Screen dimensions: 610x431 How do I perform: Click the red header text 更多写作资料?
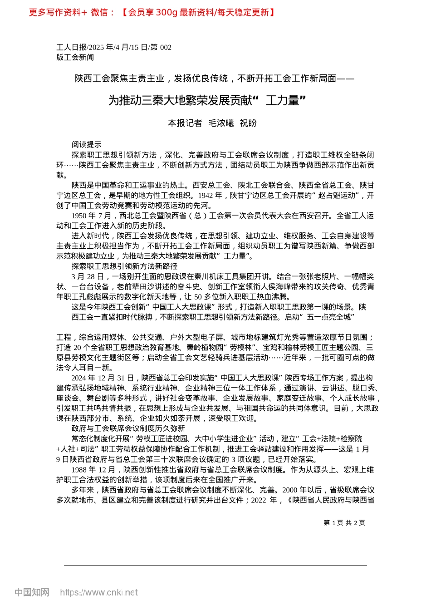click(x=54, y=12)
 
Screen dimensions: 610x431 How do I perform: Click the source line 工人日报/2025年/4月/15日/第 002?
click(x=114, y=47)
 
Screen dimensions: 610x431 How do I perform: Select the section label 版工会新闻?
click(x=75, y=57)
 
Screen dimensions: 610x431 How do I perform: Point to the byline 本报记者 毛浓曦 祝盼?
click(x=212, y=123)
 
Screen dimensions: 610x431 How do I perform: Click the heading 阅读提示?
click(x=86, y=145)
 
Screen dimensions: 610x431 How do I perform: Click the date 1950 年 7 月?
click(x=91, y=216)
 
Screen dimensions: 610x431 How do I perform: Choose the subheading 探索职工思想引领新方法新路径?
click(x=124, y=266)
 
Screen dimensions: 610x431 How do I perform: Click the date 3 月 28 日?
click(x=88, y=276)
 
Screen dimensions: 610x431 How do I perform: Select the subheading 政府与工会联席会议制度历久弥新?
click(x=128, y=428)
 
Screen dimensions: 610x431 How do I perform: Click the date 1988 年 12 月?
click(x=93, y=470)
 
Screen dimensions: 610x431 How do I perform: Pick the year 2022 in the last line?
click(x=259, y=500)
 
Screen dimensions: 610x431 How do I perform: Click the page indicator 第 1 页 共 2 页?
click(x=344, y=523)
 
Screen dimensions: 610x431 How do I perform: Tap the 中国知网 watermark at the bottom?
click(x=32, y=592)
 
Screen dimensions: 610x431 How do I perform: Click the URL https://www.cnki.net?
click(x=99, y=592)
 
